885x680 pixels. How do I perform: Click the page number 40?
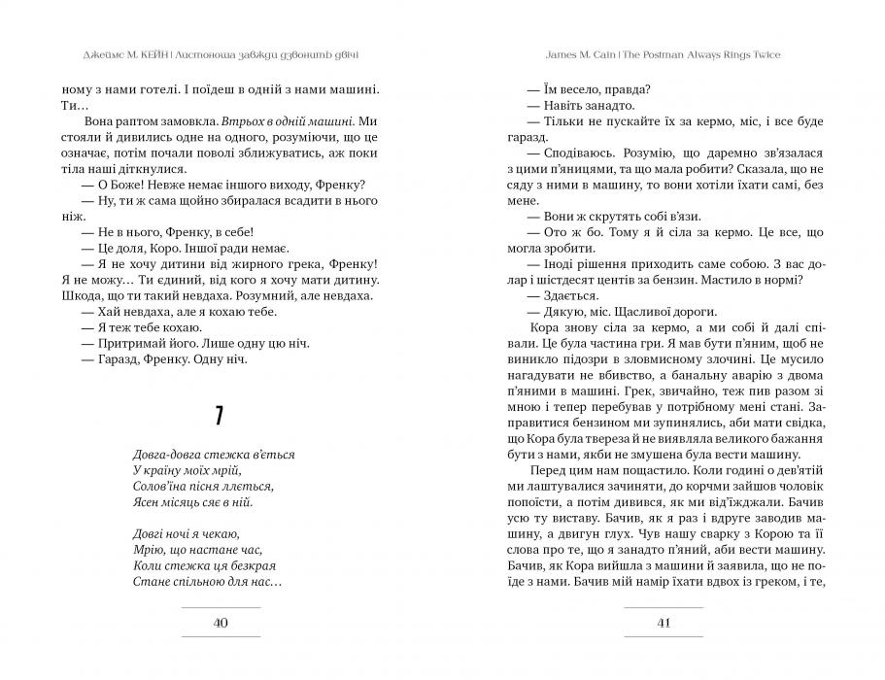pos(221,623)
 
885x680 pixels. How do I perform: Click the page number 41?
pos(664,623)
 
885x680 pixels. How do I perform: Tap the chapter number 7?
pos(221,417)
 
